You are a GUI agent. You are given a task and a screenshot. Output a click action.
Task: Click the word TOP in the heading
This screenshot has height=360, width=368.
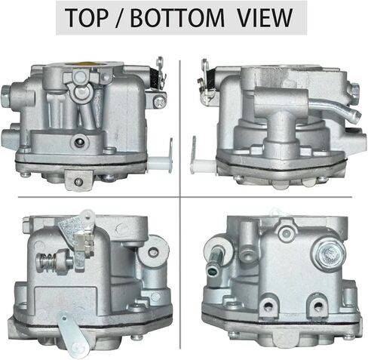click(87, 17)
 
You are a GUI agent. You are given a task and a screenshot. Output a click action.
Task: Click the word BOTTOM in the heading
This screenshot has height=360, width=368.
click(177, 17)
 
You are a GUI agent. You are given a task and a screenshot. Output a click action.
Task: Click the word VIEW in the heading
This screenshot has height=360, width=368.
click(265, 17)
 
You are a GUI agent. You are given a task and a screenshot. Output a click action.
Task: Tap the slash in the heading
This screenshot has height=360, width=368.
click(121, 17)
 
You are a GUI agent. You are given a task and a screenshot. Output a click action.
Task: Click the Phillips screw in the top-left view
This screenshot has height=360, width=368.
click(160, 101)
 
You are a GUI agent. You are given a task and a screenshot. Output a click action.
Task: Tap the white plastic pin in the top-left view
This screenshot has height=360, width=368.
click(161, 161)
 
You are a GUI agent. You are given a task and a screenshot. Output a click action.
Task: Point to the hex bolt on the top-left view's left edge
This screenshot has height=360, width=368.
click(6, 94)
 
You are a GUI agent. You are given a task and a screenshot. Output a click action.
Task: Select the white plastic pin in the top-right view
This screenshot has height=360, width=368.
click(203, 166)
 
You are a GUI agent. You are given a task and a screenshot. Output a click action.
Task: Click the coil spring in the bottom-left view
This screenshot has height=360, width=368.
click(46, 263)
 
